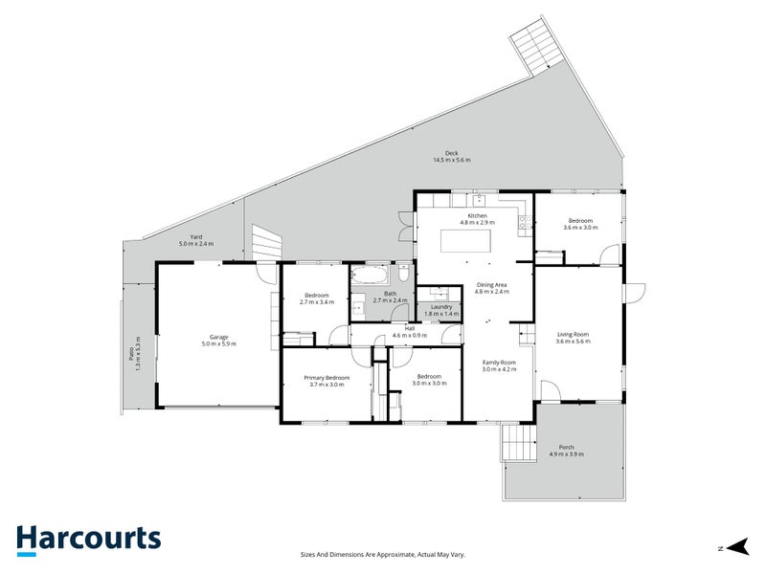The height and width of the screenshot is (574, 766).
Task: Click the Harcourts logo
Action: coord(88,538)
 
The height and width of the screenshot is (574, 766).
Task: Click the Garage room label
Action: coord(218,338)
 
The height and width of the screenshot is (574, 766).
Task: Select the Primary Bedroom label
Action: coord(327,378)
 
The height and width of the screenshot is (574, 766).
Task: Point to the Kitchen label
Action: coord(477,216)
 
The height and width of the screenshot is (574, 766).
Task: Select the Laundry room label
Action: coord(440,306)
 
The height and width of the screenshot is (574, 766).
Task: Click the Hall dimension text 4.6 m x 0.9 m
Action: coord(409,336)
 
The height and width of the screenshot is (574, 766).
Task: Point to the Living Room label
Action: coord(573,334)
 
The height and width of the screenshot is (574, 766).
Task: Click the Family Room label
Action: coord(499,363)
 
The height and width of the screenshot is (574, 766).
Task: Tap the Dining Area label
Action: coord(491,284)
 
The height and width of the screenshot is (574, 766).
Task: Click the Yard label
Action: coord(195,238)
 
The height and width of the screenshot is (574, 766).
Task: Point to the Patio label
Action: coord(137,354)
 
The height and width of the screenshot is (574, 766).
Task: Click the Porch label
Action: coord(566,449)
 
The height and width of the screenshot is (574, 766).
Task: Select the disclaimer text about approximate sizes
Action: coord(383,553)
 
